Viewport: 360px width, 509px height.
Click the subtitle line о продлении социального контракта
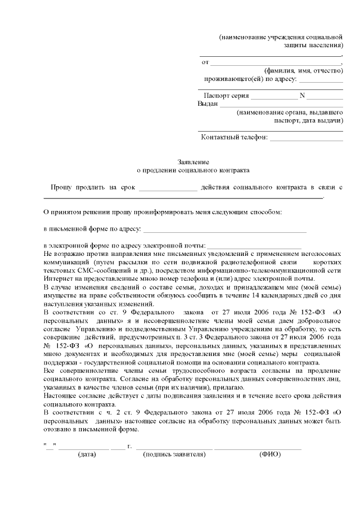click(193, 169)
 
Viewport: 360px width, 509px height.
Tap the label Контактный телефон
click(234, 137)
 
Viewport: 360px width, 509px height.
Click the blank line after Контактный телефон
click(307, 138)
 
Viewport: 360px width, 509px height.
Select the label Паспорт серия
click(226, 95)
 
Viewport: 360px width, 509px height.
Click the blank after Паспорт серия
click(271, 97)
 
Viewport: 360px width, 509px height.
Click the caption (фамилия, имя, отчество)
click(304, 70)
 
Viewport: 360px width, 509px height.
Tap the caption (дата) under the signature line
click(87, 454)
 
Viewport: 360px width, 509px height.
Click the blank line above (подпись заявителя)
click(174, 448)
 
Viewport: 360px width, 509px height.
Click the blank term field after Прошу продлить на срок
click(168, 188)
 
